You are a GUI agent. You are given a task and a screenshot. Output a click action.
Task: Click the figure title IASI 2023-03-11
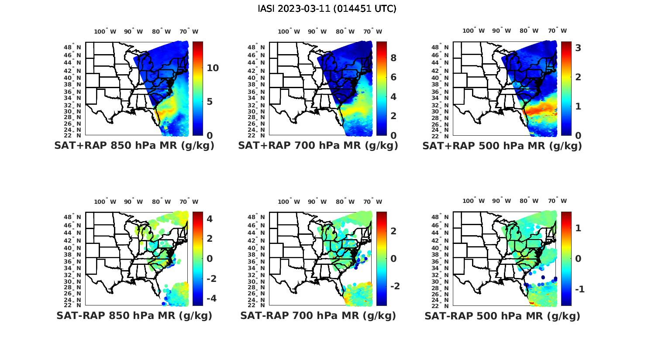327,9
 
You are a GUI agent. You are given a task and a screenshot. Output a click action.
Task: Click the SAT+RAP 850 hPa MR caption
134,146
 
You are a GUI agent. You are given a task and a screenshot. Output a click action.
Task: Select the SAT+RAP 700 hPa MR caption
318,146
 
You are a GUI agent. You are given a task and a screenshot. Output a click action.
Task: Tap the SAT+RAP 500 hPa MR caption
502,146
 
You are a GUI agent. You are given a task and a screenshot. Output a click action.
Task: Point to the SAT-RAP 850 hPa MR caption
134,315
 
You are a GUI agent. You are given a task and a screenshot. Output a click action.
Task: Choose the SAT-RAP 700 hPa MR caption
318,315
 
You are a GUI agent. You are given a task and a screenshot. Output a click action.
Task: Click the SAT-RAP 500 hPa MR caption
502,315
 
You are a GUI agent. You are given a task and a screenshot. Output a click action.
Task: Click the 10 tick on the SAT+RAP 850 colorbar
213,68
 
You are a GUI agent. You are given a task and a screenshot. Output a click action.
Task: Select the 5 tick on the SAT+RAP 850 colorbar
209,102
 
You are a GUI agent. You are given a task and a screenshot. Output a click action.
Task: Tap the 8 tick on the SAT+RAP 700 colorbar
393,58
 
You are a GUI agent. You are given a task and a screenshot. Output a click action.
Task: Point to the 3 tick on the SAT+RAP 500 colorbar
578,48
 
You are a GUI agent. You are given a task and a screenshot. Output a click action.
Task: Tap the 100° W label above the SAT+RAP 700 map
289,31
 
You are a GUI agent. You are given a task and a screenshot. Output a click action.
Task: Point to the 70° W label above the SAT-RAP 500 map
557,201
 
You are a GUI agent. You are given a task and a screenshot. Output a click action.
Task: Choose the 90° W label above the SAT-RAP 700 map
317,202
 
